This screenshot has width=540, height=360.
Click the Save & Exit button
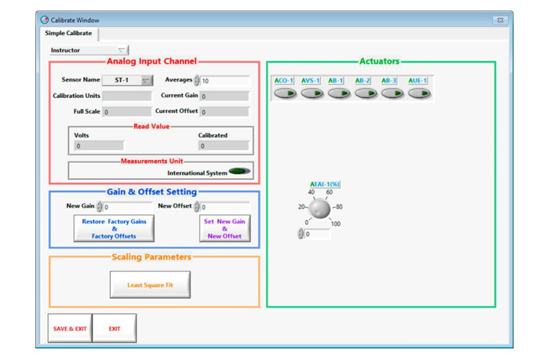(70, 329)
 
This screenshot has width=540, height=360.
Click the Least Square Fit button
(150, 285)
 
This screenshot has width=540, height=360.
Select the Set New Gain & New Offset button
(224, 229)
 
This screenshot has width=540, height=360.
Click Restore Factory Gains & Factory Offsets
(114, 229)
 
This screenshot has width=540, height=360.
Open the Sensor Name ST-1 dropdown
(145, 81)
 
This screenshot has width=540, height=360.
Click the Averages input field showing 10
(224, 81)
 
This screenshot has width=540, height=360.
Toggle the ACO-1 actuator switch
(285, 94)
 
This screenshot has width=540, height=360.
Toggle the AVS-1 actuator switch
(311, 94)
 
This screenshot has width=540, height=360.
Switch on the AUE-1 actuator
(419, 94)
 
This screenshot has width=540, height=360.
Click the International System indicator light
(240, 171)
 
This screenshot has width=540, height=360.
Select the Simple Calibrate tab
(68, 33)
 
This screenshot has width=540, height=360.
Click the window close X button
(500, 20)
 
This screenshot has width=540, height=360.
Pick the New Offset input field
(224, 207)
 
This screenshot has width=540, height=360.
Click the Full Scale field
(127, 112)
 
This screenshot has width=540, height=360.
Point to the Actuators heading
(380, 61)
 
